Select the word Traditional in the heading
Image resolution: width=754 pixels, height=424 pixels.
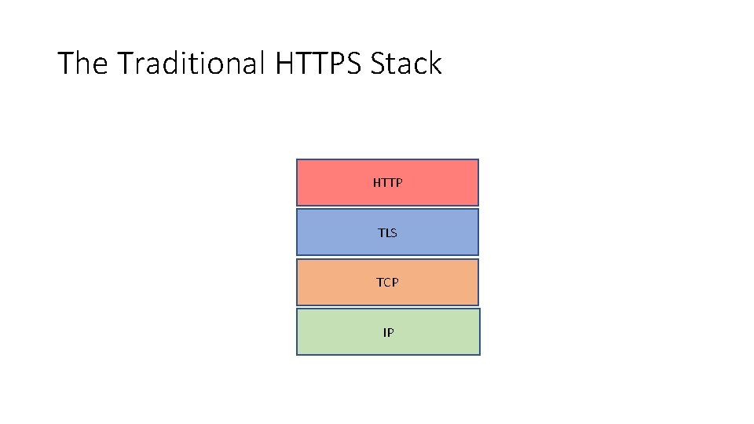click(x=191, y=64)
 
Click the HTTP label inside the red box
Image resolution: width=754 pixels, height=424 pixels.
click(x=387, y=183)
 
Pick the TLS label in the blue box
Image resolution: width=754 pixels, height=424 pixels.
click(x=387, y=232)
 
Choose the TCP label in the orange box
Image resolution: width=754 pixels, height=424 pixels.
click(x=387, y=282)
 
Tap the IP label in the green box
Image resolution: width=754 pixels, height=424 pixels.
click(x=388, y=332)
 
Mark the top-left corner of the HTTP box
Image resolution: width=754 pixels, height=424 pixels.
click(x=297, y=160)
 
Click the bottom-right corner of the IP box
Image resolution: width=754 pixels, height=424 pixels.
click(x=479, y=354)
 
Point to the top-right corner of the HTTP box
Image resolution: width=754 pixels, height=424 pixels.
click(x=478, y=160)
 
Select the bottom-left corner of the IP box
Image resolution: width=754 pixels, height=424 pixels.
click(x=297, y=354)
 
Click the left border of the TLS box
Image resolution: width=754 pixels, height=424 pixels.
click(x=297, y=232)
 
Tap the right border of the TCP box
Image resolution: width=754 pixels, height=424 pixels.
click(x=478, y=282)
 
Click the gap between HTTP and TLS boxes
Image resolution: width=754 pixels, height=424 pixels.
click(x=387, y=207)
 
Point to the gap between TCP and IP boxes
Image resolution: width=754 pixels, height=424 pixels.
click(x=387, y=307)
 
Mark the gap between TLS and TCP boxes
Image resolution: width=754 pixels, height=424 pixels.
click(x=387, y=258)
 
